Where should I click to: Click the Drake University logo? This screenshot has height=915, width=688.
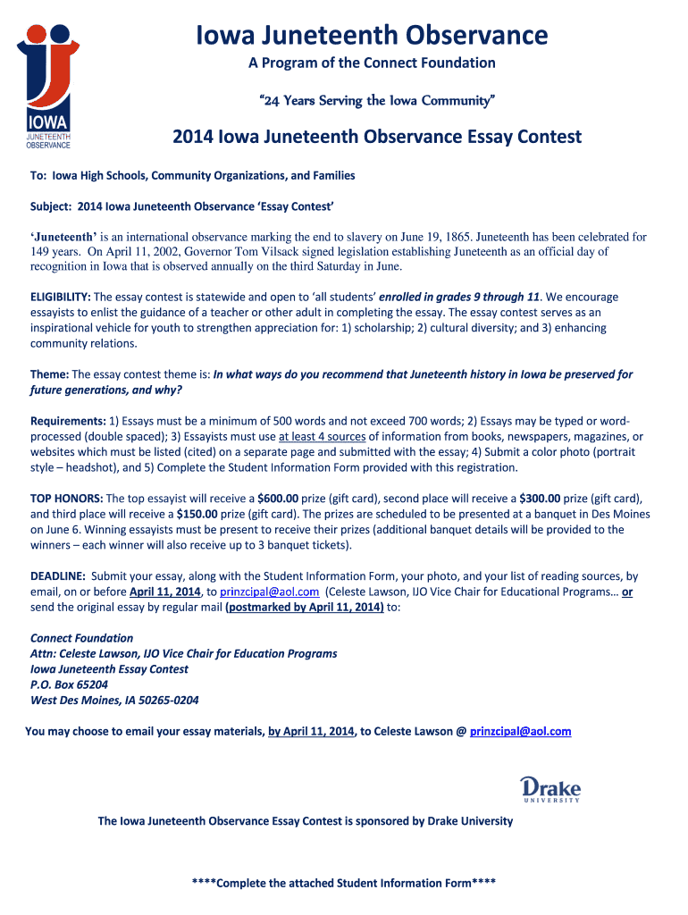550,789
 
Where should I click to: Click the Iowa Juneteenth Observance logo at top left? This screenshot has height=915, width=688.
48,86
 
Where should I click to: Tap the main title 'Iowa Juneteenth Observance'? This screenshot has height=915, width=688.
372,35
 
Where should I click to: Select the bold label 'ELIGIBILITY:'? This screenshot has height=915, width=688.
61,297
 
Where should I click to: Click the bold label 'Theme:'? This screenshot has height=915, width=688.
50,374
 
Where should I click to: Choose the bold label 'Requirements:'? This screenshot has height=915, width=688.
68,421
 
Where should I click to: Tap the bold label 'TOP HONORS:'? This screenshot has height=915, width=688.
66,498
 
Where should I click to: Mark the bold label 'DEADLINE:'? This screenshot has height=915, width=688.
58,576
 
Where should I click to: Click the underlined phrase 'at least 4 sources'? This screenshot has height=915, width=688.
322,437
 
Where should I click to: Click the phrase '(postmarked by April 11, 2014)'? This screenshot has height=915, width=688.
305,608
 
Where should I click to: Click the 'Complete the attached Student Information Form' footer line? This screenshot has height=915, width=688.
343,883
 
